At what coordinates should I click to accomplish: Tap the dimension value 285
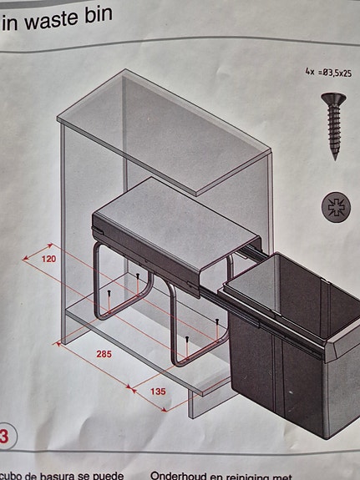(x=104, y=354)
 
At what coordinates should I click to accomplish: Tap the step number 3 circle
(x=4, y=437)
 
